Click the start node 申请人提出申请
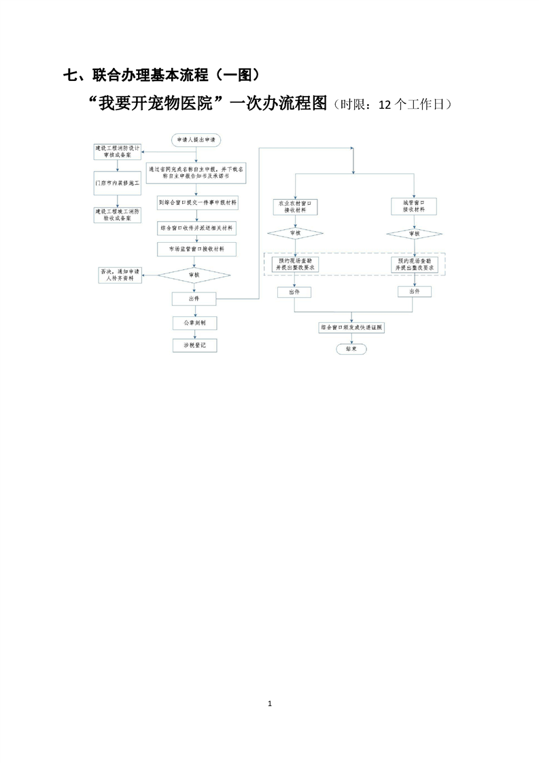(x=196, y=139)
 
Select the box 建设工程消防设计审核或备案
(x=118, y=151)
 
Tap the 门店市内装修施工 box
(x=118, y=183)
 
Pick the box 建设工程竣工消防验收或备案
(x=118, y=215)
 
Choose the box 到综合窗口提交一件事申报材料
(x=197, y=203)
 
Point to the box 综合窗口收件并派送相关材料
(x=197, y=228)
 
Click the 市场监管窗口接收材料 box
(x=197, y=250)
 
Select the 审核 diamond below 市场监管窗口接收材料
(x=194, y=275)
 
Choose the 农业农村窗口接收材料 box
(x=294, y=206)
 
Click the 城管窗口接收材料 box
(x=414, y=206)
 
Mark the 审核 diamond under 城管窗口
(x=414, y=234)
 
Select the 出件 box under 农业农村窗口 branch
(x=294, y=292)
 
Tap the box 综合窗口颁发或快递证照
(x=351, y=327)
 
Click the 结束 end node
(x=351, y=348)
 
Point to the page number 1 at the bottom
(x=270, y=703)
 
